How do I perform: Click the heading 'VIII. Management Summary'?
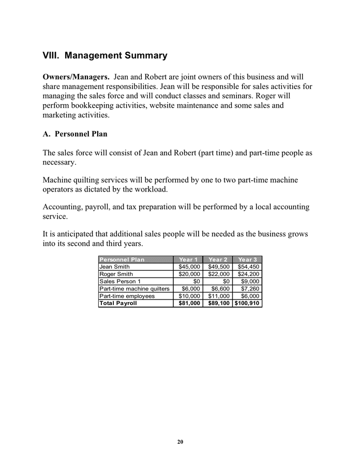coord(105,55)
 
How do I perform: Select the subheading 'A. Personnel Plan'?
coord(75,134)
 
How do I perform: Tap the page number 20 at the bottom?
coord(180,442)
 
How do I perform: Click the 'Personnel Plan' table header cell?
coord(122,259)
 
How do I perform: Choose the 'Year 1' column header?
coord(188,259)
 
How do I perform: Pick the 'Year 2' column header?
coord(218,259)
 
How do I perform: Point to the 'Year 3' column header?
coord(248,259)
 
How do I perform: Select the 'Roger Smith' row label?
coord(116,274)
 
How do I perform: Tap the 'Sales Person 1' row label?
coord(120,281)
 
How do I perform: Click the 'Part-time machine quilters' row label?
coord(134,288)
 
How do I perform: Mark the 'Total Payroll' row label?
coord(118,303)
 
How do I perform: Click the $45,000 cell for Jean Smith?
coord(189,267)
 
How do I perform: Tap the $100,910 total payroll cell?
coord(247,303)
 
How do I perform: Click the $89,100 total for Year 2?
coord(218,303)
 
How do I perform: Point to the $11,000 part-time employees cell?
coord(218,296)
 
